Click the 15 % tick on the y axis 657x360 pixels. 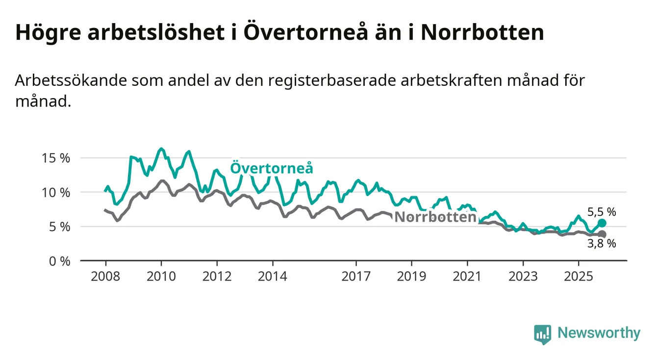click(x=56, y=158)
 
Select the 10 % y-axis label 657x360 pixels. click(x=56, y=193)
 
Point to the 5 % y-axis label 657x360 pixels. click(x=59, y=227)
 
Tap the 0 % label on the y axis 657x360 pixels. click(x=59, y=261)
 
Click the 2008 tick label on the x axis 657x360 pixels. click(x=105, y=276)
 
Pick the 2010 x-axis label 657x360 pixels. click(x=161, y=276)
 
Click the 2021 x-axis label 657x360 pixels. click(x=467, y=276)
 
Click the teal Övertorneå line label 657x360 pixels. click(x=272, y=168)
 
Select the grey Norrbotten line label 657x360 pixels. click(x=435, y=217)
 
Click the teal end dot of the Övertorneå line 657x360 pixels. click(x=602, y=223)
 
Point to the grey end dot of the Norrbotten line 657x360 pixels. click(x=602, y=234)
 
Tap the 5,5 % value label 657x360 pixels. click(x=601, y=212)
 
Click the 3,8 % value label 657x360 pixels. click(x=601, y=244)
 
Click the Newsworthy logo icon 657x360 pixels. click(x=542, y=334)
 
